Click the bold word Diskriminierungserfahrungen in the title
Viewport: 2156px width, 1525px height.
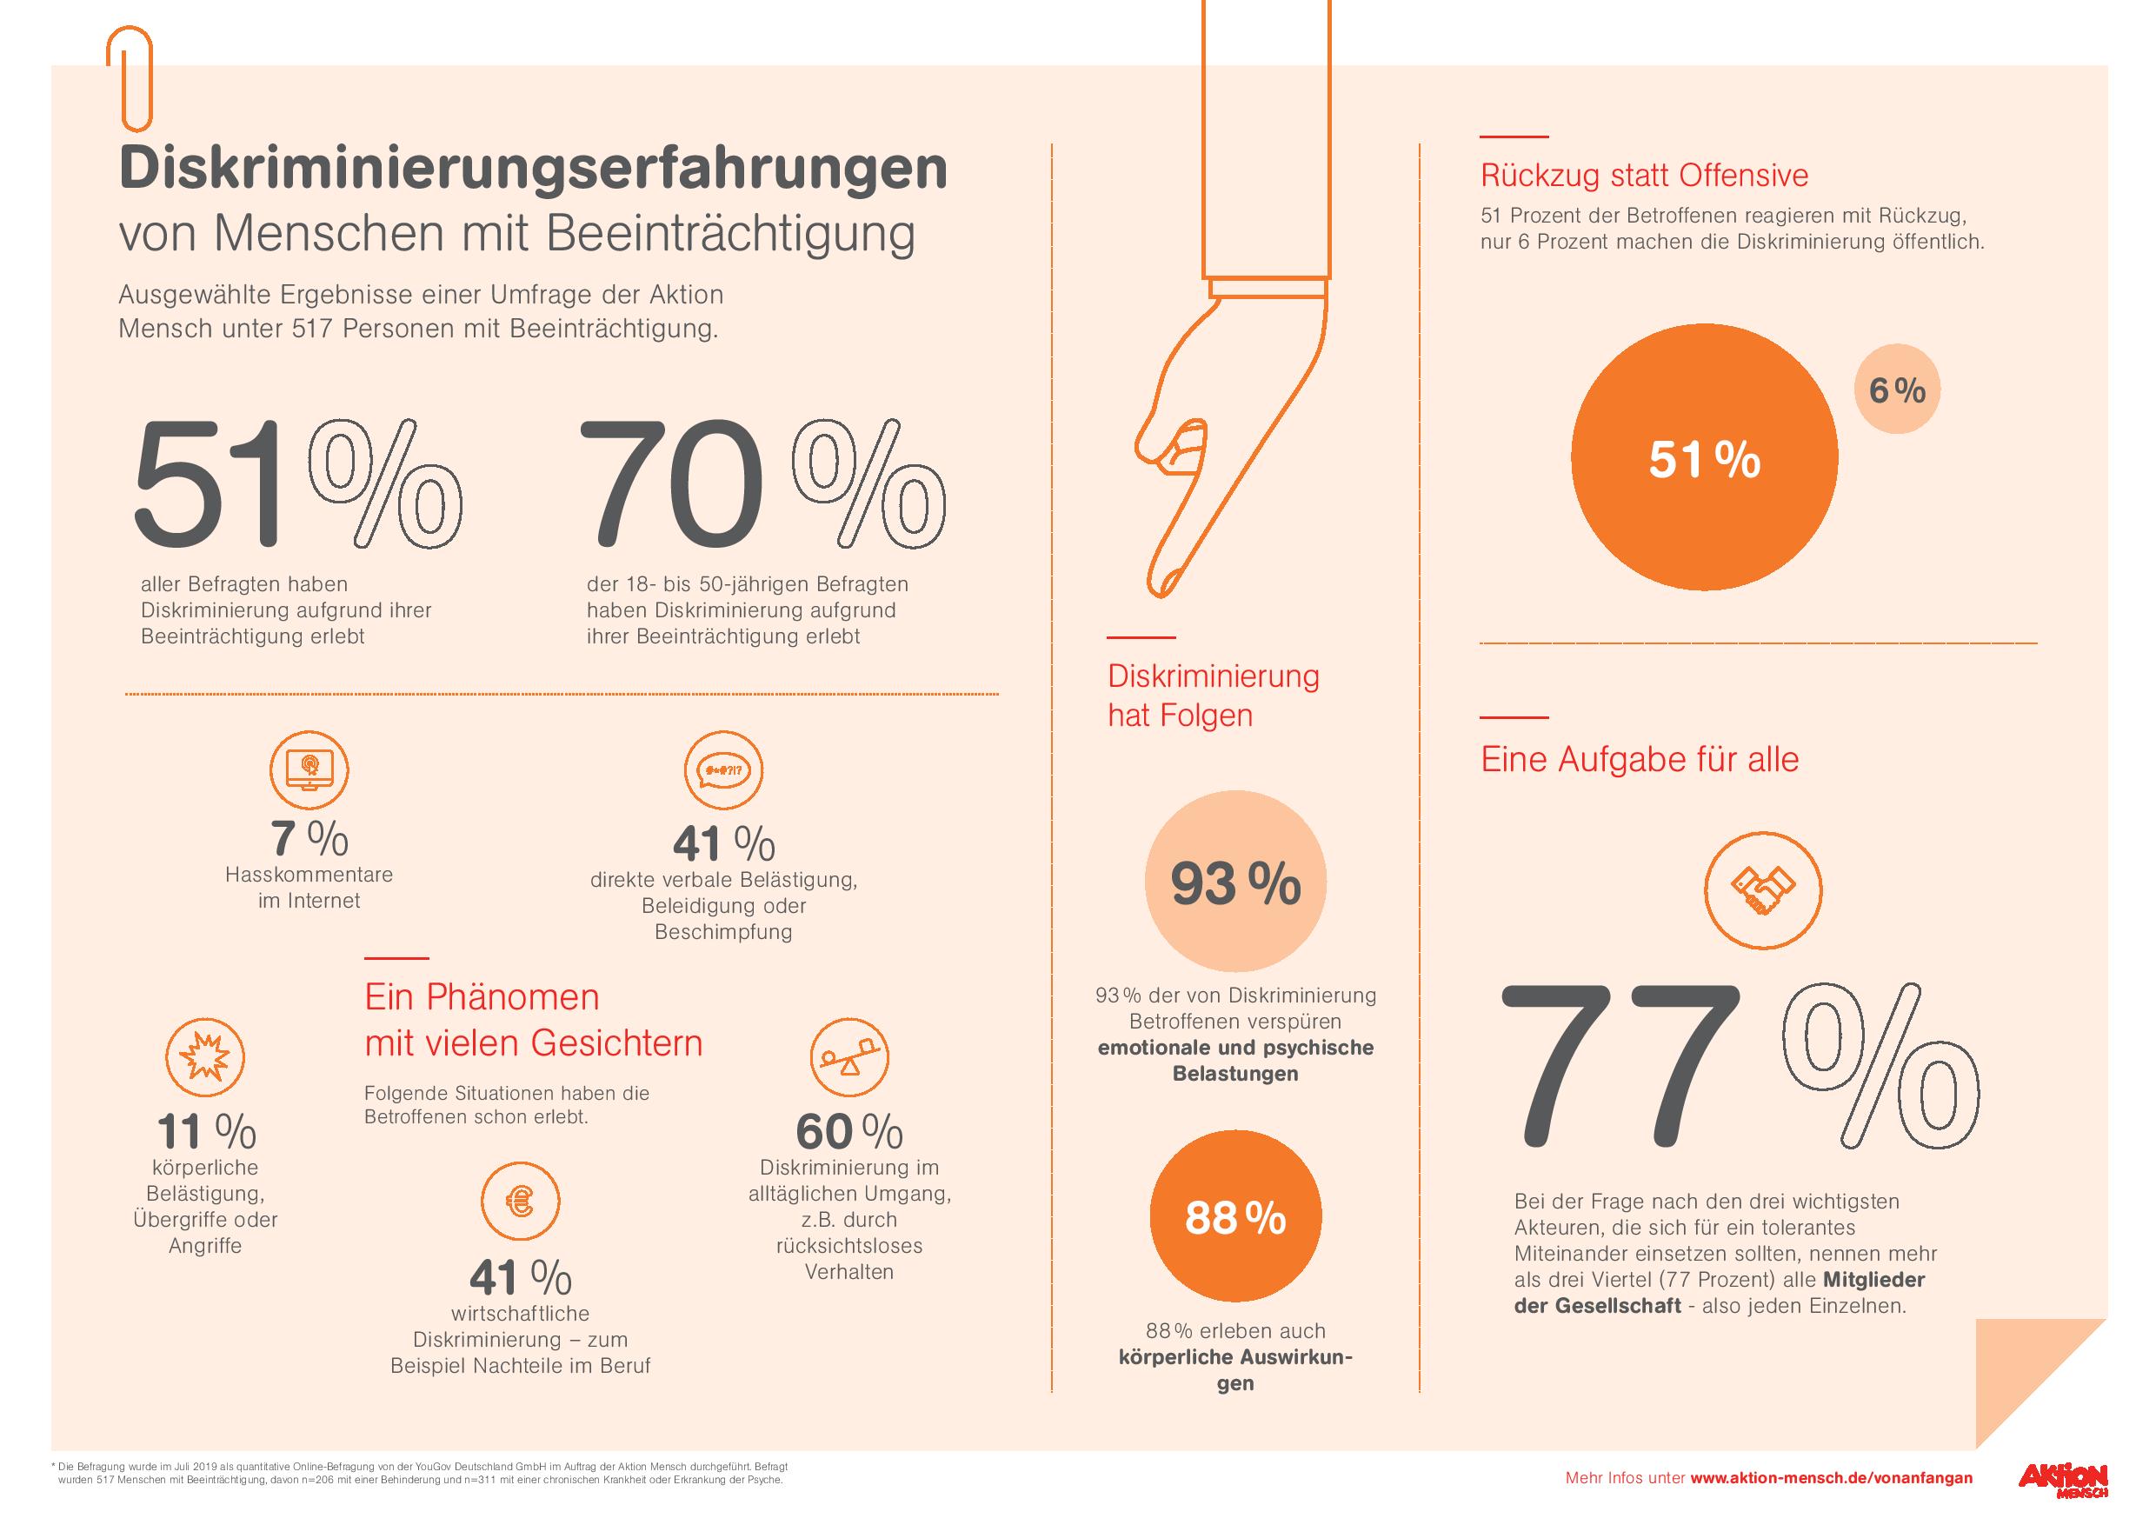click(532, 169)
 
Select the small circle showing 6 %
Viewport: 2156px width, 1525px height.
click(1897, 390)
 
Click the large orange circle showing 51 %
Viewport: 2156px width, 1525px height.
click(1703, 457)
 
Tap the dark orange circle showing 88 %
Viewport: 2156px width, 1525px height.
click(1234, 1219)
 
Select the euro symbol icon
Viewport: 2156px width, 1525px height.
click(519, 1201)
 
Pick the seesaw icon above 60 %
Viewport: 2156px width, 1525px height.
click(848, 1057)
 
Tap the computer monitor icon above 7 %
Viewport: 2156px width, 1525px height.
click(309, 770)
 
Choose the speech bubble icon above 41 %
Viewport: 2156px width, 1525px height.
click(723, 770)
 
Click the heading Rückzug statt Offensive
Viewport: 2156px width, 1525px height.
click(1644, 176)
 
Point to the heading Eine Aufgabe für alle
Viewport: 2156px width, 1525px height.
click(1640, 759)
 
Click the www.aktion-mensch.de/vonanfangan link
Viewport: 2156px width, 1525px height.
click(1831, 1478)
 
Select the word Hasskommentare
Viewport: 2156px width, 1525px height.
click(309, 875)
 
